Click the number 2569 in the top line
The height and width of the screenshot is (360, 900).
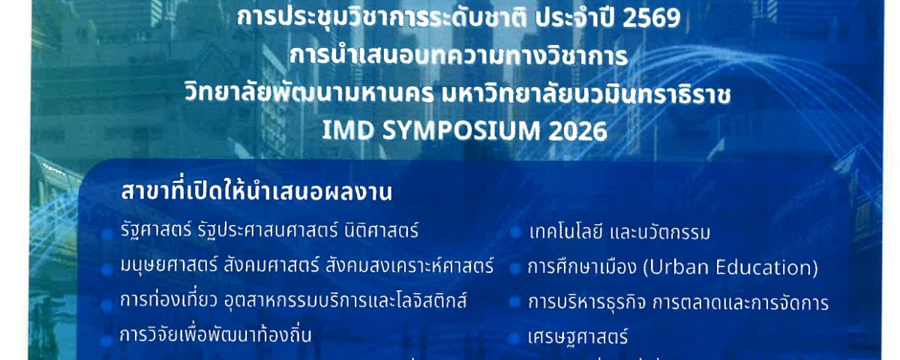coord(651,19)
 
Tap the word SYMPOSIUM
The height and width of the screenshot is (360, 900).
coord(461,131)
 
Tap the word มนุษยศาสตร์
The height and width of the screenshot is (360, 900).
coord(169,265)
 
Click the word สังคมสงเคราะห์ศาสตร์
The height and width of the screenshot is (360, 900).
coord(409,265)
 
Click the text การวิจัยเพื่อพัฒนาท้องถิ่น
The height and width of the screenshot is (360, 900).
coord(216,334)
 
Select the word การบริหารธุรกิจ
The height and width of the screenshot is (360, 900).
coord(587,302)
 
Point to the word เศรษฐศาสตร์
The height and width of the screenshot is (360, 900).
coord(577,337)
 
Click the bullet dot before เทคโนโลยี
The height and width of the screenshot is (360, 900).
coord(516,232)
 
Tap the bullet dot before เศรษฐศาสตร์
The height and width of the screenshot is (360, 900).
coord(515,338)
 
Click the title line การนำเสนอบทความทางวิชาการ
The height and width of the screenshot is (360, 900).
coord(458,55)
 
